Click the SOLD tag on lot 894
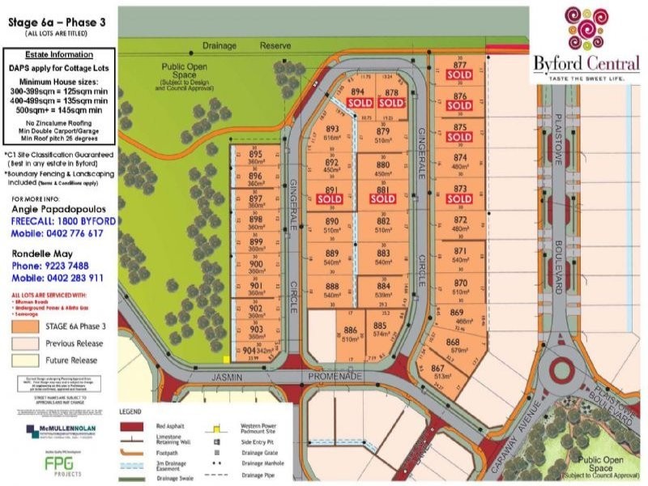coord(360,103)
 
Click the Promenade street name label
coord(334,377)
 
